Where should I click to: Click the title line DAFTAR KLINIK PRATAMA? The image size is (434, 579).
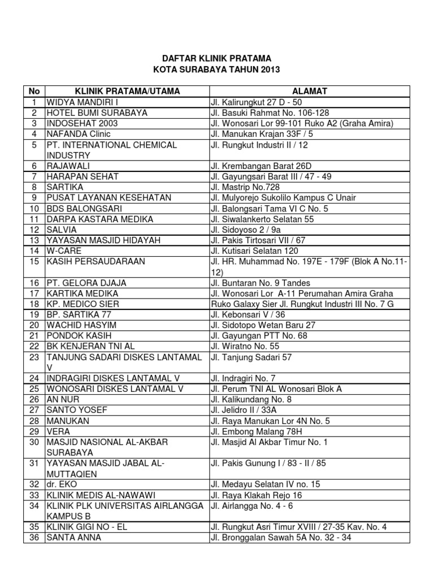point(216,58)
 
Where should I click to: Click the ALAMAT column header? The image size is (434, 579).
point(309,92)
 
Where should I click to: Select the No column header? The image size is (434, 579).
point(34,92)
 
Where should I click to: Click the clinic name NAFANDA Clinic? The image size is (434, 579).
point(79,134)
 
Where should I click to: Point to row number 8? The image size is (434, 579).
point(34,187)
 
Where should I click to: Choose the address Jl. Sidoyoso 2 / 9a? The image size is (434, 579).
point(246,230)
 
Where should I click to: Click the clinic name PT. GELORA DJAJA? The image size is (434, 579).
point(86,283)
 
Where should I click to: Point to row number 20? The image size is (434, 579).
point(34,325)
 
